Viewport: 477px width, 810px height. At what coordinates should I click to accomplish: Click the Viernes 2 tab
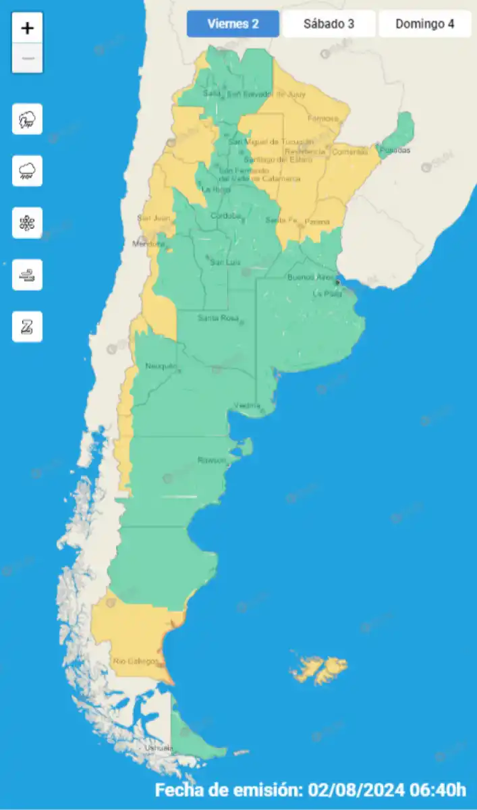coord(233,24)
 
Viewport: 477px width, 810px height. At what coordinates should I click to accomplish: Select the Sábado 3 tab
coord(329,24)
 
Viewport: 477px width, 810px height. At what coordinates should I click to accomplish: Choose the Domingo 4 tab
coord(424,24)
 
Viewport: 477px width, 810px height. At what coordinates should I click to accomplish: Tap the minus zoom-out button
coord(28,58)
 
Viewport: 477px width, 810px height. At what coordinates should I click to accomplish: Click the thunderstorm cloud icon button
coord(27,119)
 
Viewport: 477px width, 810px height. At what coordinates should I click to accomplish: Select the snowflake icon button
coord(27,223)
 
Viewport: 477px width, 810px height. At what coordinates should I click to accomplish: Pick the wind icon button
coord(27,275)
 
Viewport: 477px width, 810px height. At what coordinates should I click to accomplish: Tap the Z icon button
coord(27,327)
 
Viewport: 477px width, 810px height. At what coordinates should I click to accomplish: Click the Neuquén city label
coord(161,367)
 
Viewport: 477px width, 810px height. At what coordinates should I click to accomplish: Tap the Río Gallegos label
coord(135,661)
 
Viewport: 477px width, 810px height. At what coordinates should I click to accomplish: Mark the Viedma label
coord(246,406)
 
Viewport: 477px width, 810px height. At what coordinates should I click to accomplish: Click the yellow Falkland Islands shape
coord(317,668)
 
